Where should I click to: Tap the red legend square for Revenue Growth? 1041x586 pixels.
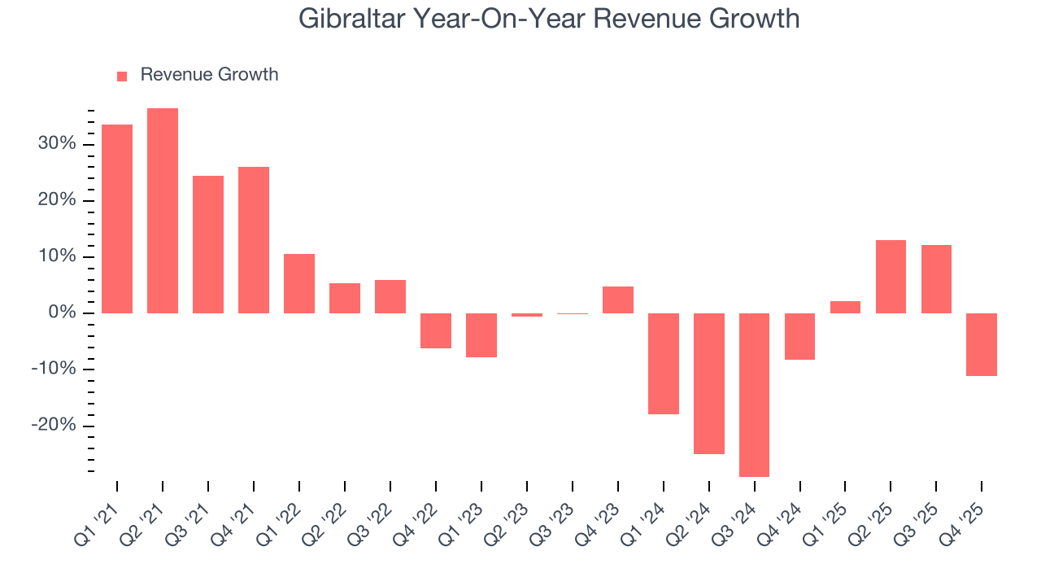point(122,76)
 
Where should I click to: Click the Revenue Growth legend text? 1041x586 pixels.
point(209,75)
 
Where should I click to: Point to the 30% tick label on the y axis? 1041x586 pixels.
point(56,144)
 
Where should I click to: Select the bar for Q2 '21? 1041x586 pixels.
point(163,211)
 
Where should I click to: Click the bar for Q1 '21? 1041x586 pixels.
point(117,219)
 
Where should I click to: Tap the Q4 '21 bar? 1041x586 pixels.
point(254,240)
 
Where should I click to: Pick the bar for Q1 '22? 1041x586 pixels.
point(299,283)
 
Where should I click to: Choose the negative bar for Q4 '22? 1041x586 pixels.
point(436,330)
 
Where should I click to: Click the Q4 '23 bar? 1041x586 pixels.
point(618,300)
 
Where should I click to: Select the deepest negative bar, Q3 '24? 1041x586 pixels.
point(754,395)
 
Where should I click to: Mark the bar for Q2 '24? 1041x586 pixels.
point(708,383)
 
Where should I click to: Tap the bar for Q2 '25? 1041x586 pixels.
point(891,277)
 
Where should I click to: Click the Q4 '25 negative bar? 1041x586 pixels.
point(982,344)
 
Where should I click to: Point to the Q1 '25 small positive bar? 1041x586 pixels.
point(845,307)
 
